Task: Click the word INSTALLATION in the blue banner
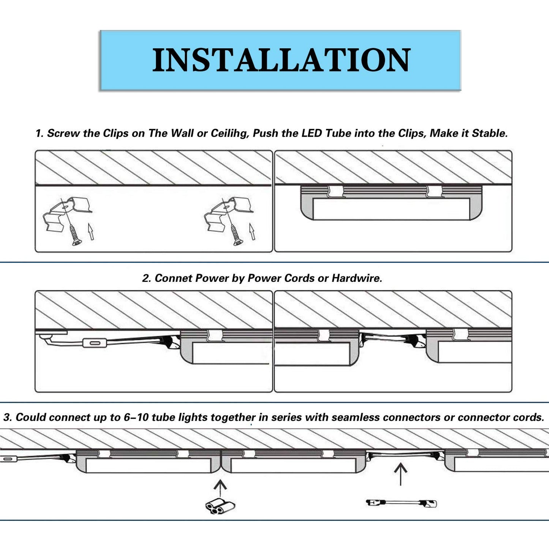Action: point(281,60)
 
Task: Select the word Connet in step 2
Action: point(173,278)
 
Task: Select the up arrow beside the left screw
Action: point(90,231)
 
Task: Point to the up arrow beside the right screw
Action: point(252,231)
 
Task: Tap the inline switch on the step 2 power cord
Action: point(93,343)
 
